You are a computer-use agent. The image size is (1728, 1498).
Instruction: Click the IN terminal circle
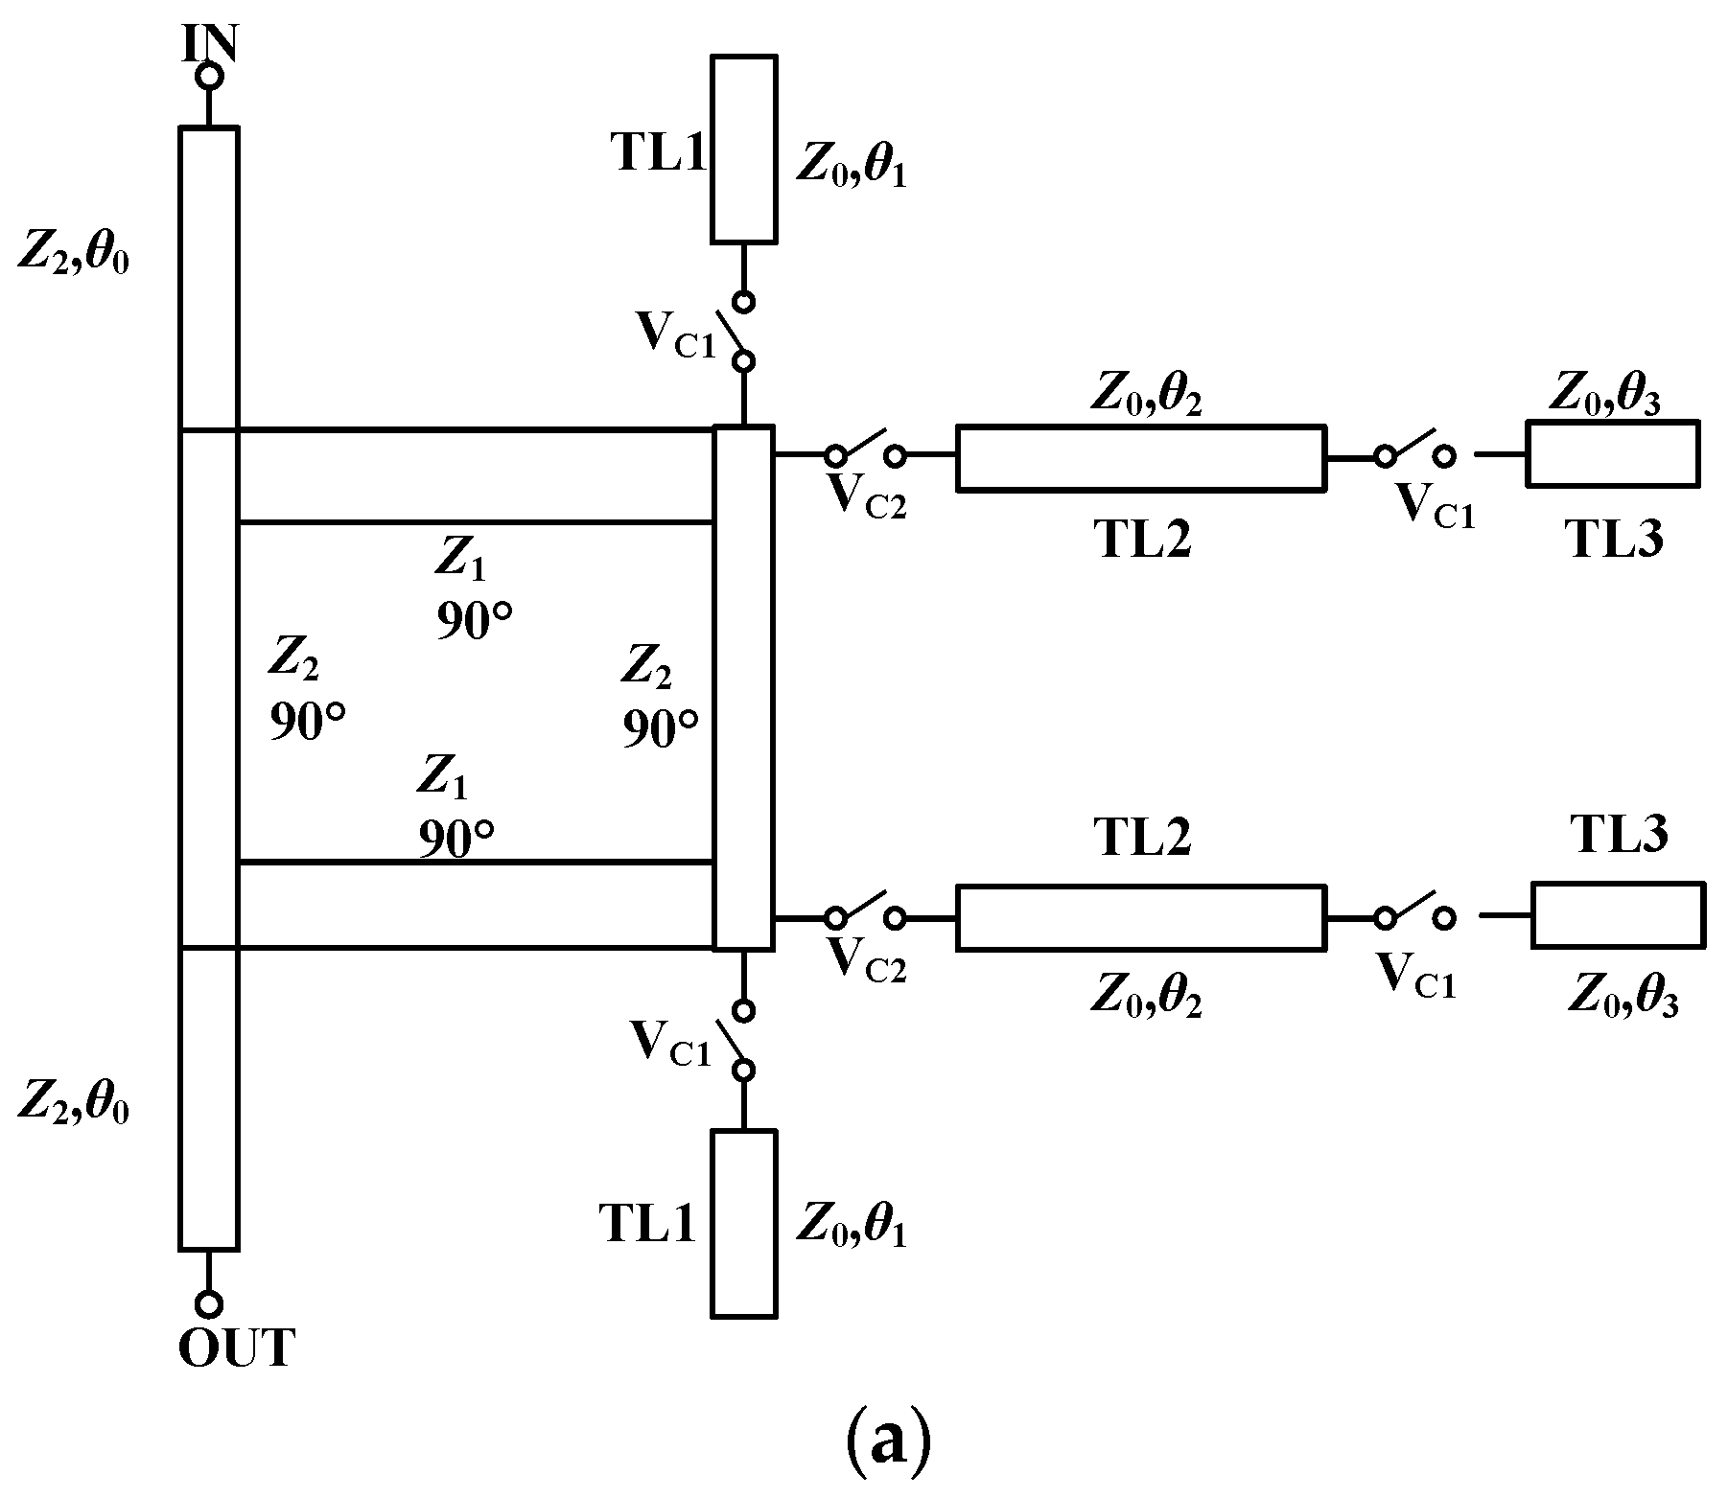pyautogui.click(x=209, y=76)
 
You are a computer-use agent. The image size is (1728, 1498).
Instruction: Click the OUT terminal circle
pyautogui.click(x=209, y=1303)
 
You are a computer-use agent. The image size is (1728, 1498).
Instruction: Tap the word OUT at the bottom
pyautogui.click(x=236, y=1349)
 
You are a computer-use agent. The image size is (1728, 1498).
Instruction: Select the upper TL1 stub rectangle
pyautogui.click(x=743, y=148)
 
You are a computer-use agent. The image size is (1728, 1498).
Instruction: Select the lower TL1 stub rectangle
pyautogui.click(x=743, y=1223)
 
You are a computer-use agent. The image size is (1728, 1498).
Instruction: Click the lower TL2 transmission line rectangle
pyautogui.click(x=1141, y=918)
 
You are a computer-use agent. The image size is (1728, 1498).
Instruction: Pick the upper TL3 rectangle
pyautogui.click(x=1613, y=452)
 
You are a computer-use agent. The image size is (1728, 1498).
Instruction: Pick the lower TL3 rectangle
pyautogui.click(x=1618, y=915)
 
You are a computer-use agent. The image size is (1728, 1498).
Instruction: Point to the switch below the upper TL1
pyautogui.click(x=743, y=332)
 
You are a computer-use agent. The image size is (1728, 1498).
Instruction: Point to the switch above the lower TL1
pyautogui.click(x=743, y=1040)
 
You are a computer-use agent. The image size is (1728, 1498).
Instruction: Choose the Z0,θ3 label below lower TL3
pyautogui.click(x=1623, y=1000)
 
